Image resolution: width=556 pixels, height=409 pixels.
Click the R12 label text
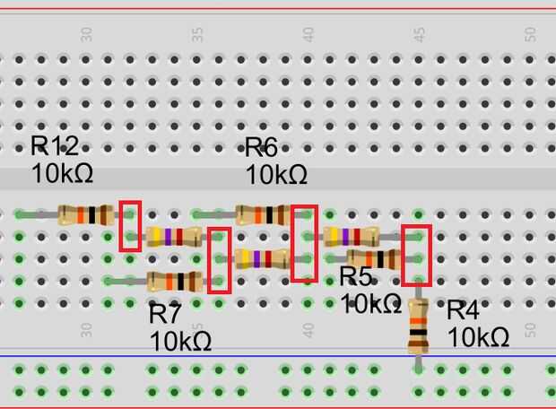pos(55,146)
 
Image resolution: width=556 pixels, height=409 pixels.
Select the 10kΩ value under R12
pos(62,172)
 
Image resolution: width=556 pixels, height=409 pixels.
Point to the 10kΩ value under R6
pos(276,172)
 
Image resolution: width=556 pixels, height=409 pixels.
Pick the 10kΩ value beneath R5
pos(370,303)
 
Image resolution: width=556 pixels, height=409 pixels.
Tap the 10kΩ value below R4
pos(479,337)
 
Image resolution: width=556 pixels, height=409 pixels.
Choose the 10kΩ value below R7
pos(180,341)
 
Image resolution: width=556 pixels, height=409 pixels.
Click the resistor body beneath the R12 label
pos(85,214)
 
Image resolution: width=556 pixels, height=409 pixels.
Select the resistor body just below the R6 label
pos(263,214)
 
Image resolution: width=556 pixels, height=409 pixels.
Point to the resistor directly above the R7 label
pos(174,281)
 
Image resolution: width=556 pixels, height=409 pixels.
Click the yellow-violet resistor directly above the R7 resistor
pos(175,238)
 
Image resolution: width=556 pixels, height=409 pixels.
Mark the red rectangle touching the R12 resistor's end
pos(131,225)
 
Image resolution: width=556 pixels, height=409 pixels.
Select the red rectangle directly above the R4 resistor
pos(417,254)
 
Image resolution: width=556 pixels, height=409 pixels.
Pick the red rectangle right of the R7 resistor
pos(219,260)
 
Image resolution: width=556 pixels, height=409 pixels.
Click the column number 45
pos(418,34)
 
